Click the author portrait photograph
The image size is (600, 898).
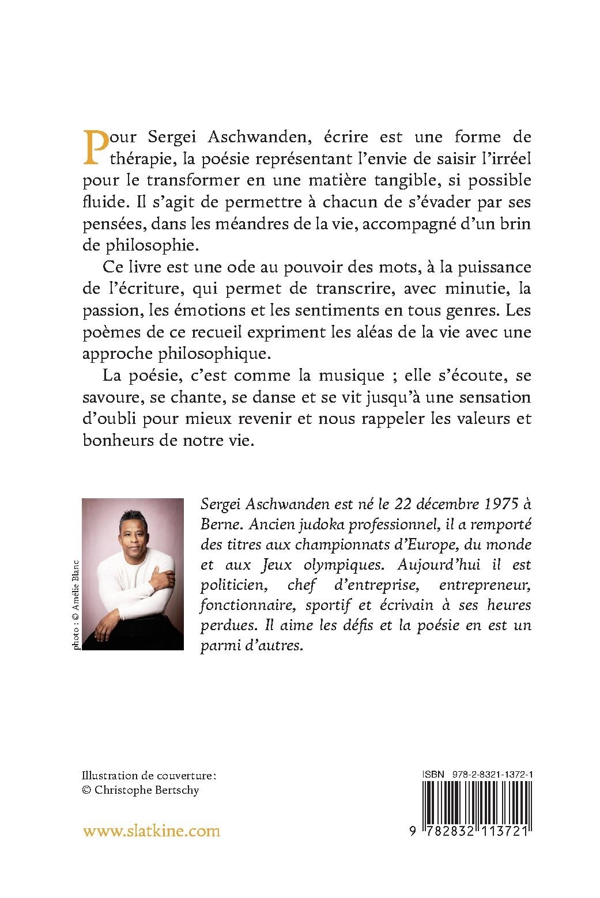133,574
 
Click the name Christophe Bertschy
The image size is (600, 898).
148,790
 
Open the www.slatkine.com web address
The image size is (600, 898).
152,831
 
